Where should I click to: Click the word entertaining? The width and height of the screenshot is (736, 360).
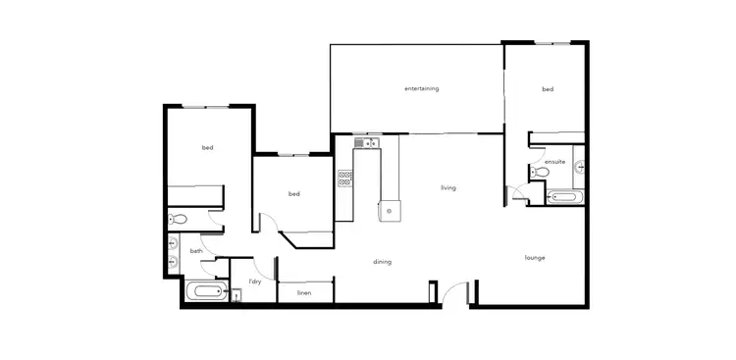tap(421, 88)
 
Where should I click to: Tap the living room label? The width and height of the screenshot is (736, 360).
tap(448, 187)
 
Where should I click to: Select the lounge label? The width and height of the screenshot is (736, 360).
tap(535, 258)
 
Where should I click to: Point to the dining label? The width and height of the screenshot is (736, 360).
tap(383, 262)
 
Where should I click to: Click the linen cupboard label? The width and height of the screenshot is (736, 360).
tap(304, 292)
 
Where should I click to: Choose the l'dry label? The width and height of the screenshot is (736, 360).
tap(255, 282)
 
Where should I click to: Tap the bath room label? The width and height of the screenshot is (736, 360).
tap(196, 251)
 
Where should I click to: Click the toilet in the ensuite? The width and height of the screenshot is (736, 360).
tap(538, 173)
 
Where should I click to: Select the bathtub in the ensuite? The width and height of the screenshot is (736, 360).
tap(563, 197)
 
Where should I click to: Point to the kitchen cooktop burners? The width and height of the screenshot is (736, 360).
tap(345, 179)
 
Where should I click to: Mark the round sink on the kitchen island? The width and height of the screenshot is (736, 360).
tap(392, 209)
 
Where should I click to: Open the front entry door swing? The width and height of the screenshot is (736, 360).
tap(453, 291)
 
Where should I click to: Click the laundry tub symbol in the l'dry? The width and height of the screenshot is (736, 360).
tap(236, 294)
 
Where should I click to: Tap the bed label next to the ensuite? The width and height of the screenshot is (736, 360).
tap(548, 89)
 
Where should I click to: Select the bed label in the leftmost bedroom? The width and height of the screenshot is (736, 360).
tap(208, 148)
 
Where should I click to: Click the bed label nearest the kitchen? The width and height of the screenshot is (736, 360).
tap(293, 193)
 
